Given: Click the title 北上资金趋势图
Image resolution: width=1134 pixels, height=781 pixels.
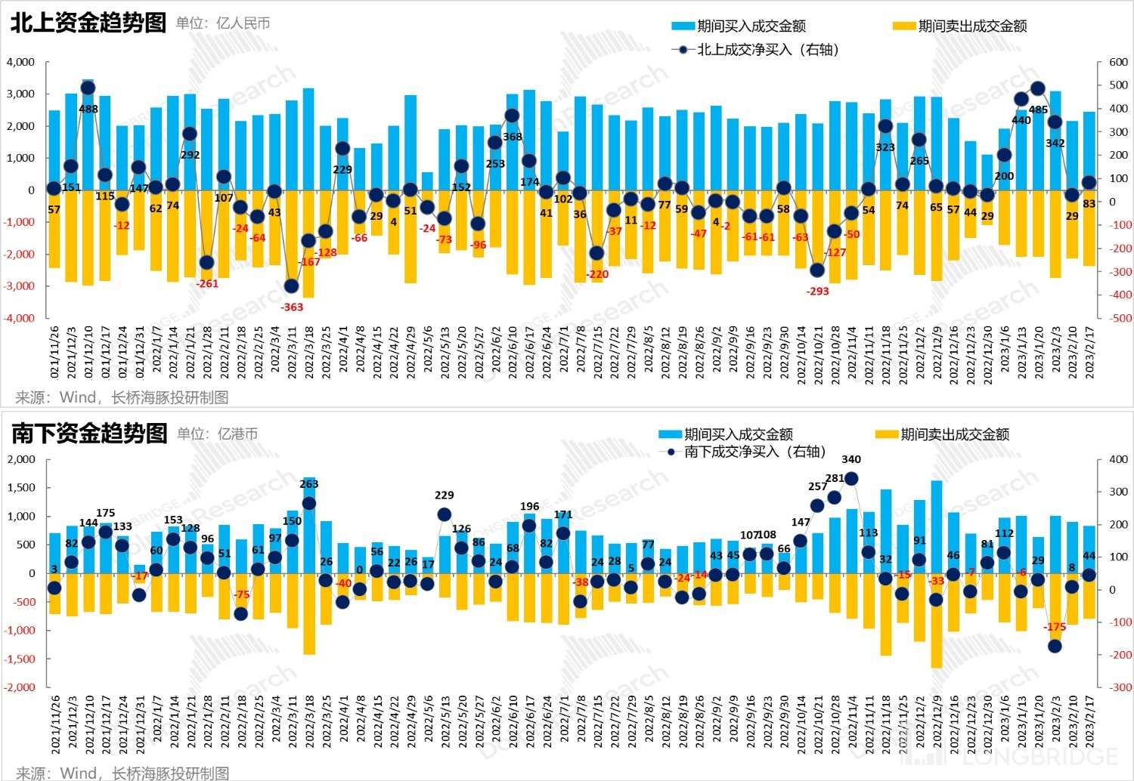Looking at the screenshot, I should pyautogui.click(x=88, y=23).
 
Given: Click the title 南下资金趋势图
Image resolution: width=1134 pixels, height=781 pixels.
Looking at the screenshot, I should pyautogui.click(x=89, y=434).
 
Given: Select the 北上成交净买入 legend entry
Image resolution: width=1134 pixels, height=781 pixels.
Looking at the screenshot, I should pyautogui.click(x=756, y=50).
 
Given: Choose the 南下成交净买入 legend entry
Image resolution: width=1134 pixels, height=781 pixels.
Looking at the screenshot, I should pyautogui.click(x=745, y=452).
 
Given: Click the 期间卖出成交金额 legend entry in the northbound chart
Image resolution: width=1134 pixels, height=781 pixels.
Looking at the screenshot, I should pyautogui.click(x=960, y=26).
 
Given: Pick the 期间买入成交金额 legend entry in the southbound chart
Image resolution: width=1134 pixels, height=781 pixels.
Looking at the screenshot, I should pyautogui.click(x=726, y=434).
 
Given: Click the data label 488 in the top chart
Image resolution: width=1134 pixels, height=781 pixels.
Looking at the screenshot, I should pyautogui.click(x=88, y=109).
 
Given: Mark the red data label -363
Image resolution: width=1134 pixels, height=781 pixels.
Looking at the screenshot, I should pyautogui.click(x=292, y=307).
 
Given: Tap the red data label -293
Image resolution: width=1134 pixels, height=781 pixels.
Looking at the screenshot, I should pyautogui.click(x=818, y=291).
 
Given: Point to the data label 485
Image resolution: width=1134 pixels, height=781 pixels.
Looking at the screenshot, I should pyautogui.click(x=1039, y=110).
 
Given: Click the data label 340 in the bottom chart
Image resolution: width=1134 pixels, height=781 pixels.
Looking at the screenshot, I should pyautogui.click(x=851, y=459).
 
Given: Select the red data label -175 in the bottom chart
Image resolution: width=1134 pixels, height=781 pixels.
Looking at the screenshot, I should pyautogui.click(x=1055, y=627).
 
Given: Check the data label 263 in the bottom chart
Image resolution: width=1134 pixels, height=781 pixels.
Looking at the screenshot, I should pyautogui.click(x=309, y=484).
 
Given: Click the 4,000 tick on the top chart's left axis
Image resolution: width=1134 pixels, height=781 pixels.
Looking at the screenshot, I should pyautogui.click(x=20, y=62).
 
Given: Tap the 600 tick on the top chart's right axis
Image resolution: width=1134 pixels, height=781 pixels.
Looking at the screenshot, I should pyautogui.click(x=1119, y=62).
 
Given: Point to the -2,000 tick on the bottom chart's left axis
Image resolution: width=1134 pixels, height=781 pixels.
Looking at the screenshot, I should pyautogui.click(x=20, y=687).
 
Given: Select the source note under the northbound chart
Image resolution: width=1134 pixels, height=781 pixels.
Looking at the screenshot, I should pyautogui.click(x=122, y=397).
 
